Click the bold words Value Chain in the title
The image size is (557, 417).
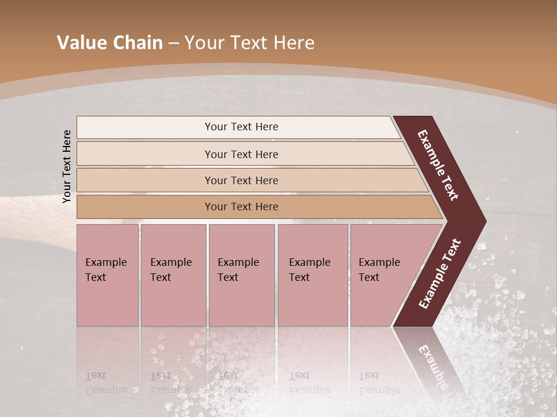[x=110, y=43]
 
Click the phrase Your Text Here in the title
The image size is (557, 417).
[x=249, y=43]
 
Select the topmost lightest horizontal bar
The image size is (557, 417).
[x=145, y=127]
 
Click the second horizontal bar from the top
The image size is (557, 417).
[x=145, y=154]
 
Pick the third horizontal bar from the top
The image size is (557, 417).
[x=145, y=180]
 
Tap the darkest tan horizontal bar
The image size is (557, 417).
[x=145, y=207]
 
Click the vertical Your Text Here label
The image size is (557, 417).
[x=67, y=166]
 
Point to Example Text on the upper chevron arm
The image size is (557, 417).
[x=438, y=165]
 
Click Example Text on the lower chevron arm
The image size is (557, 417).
[x=440, y=274]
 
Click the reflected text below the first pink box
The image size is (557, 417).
[x=106, y=383]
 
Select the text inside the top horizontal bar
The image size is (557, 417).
[x=241, y=127]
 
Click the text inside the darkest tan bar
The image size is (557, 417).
[x=241, y=207]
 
